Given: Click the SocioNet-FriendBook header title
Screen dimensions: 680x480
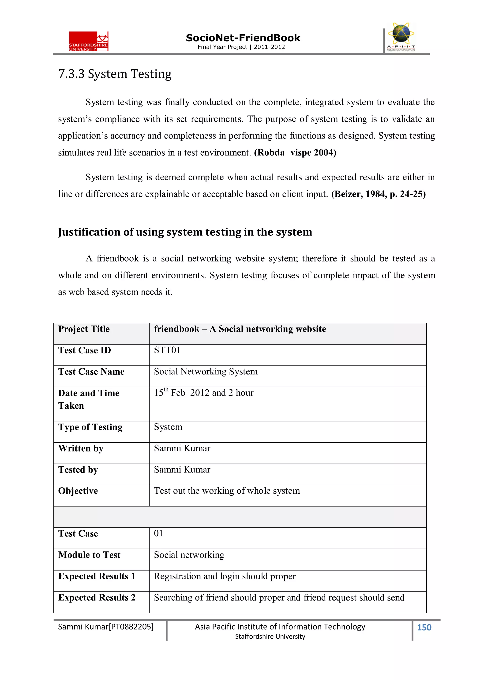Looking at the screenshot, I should (243, 38).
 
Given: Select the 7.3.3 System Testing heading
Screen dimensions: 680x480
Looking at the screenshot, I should (115, 74).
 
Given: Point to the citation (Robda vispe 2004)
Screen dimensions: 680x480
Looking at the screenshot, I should (295, 153).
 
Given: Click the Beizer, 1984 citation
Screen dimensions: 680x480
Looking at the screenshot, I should (378, 194).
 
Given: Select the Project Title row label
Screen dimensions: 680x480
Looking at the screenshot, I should (84, 329).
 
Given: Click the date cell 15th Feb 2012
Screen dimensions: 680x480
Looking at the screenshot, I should (203, 393).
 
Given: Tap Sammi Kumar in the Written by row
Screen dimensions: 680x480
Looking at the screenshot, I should (182, 448).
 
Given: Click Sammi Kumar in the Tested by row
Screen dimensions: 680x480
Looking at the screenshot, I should (182, 469).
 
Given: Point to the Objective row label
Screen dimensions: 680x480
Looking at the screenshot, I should (78, 491).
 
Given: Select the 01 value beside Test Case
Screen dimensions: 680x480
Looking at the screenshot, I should (158, 533).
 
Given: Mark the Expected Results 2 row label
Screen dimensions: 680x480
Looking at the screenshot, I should (97, 597).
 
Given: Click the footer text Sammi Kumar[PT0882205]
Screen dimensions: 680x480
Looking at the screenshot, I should (105, 627).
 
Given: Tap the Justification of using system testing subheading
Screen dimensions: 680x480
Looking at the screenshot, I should (185, 232).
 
